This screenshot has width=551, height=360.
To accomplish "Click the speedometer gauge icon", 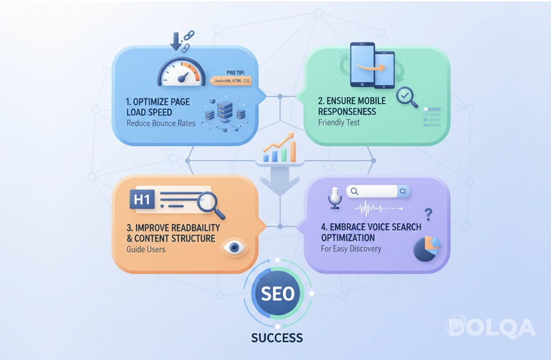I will point(180,73).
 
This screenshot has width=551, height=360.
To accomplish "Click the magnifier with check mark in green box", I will point(406,97).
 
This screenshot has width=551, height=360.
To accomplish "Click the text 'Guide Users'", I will point(146,249).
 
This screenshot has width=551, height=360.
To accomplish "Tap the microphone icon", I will point(334,198).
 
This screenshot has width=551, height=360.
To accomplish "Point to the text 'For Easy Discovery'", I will point(351,249).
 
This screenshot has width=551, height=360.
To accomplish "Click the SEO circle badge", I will point(278,293).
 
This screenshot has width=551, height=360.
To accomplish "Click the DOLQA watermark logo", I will point(491,327).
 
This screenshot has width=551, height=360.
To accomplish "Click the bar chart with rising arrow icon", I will point(280,148).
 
